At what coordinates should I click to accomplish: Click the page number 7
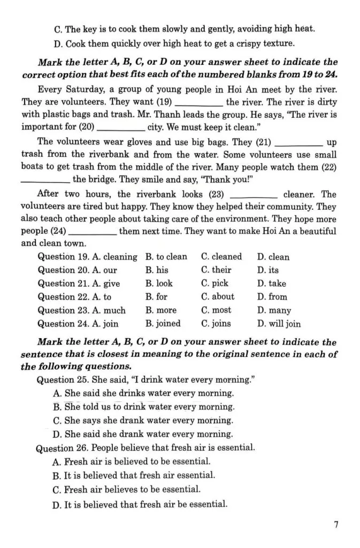pyautogui.click(x=336, y=525)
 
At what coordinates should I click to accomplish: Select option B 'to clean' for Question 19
pyautogui.click(x=166, y=257)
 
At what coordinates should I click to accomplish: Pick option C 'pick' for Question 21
pyautogui.click(x=215, y=284)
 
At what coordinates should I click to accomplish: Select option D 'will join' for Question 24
pyautogui.click(x=279, y=324)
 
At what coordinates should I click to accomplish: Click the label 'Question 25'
pyautogui.click(x=59, y=380)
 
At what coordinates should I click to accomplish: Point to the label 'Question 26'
pyautogui.click(x=59, y=447)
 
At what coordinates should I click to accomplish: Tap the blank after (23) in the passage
pyautogui.click(x=253, y=195)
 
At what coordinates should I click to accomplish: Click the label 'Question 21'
pyautogui.click(x=59, y=284)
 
